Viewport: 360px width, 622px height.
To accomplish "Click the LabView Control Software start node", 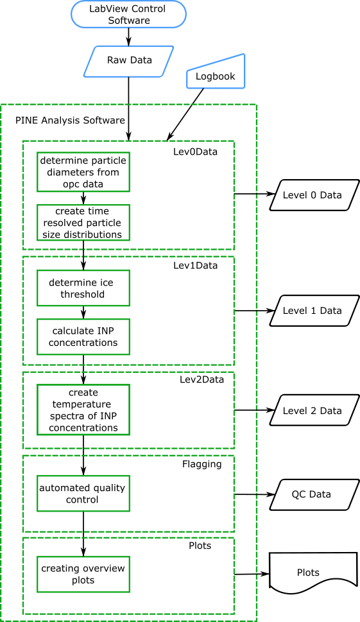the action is click(x=128, y=14).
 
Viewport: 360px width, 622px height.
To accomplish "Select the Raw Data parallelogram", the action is click(x=129, y=61).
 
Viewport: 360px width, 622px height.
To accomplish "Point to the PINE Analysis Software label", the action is click(x=70, y=120).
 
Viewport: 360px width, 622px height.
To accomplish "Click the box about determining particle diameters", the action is click(x=83, y=172).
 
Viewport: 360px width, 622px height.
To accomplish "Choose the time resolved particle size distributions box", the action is click(x=83, y=223).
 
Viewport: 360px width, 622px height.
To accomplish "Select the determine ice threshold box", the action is click(x=83, y=288).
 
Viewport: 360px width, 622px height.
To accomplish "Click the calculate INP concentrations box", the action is click(x=83, y=336).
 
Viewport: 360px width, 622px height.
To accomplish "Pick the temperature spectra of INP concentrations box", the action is click(x=83, y=410).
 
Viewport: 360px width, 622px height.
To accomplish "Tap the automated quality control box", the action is click(x=83, y=494).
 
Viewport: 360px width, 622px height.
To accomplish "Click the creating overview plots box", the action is click(x=83, y=574).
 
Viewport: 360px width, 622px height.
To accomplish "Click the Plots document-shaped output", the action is click(x=309, y=573).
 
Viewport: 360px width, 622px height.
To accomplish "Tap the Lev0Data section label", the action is click(x=195, y=151).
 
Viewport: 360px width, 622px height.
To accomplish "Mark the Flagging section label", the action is click(x=201, y=463).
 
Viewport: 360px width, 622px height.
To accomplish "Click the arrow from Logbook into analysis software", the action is click(x=186, y=114).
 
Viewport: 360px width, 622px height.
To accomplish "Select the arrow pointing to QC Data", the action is click(x=255, y=494).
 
